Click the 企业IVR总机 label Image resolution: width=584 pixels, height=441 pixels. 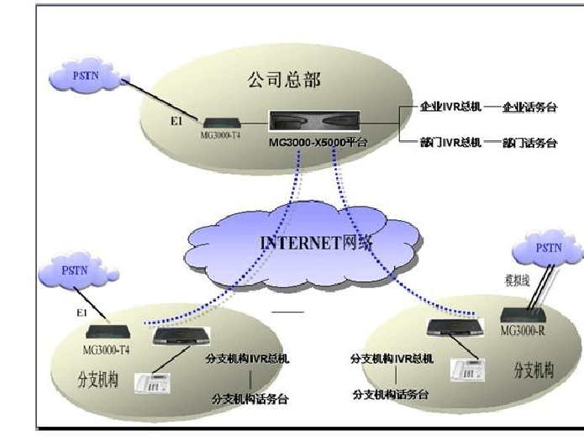(x=451, y=108)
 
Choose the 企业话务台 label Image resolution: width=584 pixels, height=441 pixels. (x=529, y=108)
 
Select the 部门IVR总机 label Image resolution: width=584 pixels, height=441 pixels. (x=451, y=142)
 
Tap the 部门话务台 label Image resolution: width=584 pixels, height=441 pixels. (x=529, y=142)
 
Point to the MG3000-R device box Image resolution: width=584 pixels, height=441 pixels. (x=523, y=313)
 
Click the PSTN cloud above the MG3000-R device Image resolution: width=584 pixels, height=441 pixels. (x=546, y=248)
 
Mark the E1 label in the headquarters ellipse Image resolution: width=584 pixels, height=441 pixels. (x=176, y=122)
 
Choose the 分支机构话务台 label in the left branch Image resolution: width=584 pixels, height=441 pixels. (x=250, y=398)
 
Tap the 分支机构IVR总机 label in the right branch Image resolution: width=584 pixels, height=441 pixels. (x=392, y=359)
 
